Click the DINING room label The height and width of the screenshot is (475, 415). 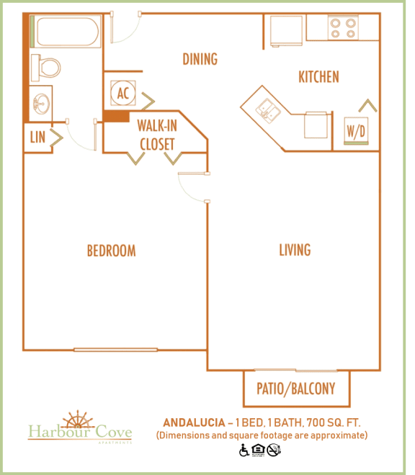[x=200, y=59]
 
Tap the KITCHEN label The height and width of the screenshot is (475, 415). [x=318, y=76]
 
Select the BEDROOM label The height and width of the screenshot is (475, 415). [x=111, y=250]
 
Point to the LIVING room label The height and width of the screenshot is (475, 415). [x=295, y=250]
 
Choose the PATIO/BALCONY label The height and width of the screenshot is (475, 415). [x=295, y=389]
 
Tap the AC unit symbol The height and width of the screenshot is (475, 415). [x=122, y=93]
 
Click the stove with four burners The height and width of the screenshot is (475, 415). [x=342, y=27]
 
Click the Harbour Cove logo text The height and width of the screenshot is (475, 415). [x=80, y=433]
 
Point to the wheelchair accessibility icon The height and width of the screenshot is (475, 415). [x=245, y=451]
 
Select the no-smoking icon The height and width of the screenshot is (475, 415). [x=274, y=451]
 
